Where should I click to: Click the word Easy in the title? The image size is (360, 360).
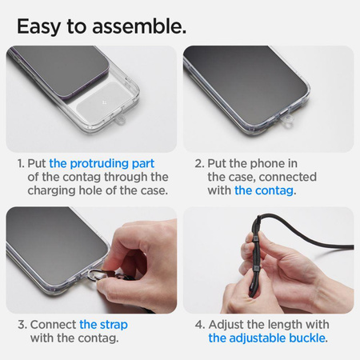click(x=45, y=26)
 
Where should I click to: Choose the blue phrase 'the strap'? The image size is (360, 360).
click(x=103, y=325)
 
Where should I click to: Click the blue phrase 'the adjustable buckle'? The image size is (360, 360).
click(x=266, y=338)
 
